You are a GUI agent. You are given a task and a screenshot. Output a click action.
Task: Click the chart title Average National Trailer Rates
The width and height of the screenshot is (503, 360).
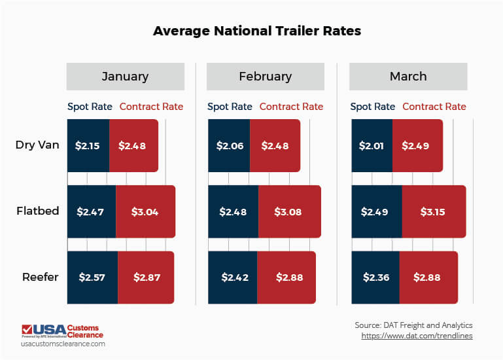coord(251,31)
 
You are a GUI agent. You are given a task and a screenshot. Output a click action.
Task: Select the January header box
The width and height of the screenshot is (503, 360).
coord(125,77)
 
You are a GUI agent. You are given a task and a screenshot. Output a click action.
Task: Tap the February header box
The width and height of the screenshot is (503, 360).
coord(265,77)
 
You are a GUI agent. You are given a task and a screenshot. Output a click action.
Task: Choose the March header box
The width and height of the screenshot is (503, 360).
coord(408,77)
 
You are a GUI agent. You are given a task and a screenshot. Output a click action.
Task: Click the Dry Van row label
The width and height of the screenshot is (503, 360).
coord(37,145)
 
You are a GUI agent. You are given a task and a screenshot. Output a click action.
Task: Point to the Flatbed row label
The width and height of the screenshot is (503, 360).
coord(38,211)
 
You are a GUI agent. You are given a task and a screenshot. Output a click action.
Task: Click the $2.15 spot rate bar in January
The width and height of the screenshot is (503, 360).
coord(88,145)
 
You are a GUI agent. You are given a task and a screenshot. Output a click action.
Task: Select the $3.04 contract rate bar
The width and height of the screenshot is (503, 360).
coord(145,211)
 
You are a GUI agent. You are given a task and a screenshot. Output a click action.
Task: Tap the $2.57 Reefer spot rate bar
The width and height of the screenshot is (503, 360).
coord(92,278)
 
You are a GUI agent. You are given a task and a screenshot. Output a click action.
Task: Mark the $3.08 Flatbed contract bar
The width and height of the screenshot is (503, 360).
coord(289,211)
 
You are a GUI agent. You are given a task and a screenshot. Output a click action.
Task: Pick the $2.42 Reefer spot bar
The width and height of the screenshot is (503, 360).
coord(232,278)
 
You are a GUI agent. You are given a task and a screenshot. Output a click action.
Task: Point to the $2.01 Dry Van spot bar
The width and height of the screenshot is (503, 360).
coord(372,145)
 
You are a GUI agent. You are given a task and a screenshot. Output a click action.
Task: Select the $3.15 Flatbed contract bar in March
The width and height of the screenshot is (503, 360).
coord(433,211)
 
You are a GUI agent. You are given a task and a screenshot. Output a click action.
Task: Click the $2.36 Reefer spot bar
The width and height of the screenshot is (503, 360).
coord(375,278)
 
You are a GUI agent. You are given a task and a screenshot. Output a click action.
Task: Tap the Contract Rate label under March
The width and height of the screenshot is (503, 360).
coord(434,107)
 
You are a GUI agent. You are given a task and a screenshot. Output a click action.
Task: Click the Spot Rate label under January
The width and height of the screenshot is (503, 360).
coord(90,107)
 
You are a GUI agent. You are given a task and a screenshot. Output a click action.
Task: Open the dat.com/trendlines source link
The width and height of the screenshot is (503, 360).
coord(417,336)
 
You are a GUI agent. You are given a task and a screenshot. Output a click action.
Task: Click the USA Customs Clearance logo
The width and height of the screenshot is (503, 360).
coord(62,331)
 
